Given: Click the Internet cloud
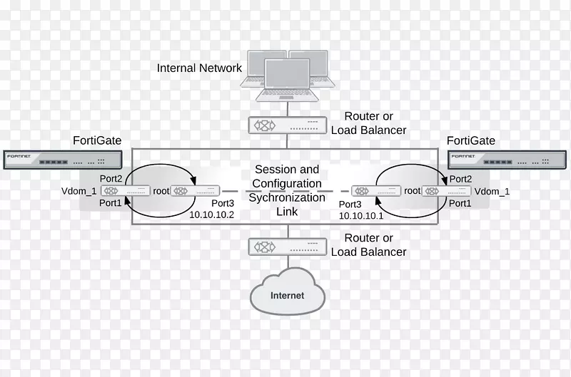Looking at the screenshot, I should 287,293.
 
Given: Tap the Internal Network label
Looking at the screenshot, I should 199,68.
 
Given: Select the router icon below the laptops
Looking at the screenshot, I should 287,125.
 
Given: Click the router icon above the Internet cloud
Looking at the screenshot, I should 287,247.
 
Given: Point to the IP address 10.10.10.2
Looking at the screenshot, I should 211,215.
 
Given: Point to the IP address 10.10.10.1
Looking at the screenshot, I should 361,215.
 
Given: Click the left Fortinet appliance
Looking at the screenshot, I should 62,160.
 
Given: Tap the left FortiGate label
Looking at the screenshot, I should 97,140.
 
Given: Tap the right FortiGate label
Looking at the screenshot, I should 470,140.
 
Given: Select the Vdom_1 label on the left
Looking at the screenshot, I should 79,191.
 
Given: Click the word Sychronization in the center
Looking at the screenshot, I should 287,197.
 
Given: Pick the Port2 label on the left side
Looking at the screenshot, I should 111,179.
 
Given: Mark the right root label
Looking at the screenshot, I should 412,191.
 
